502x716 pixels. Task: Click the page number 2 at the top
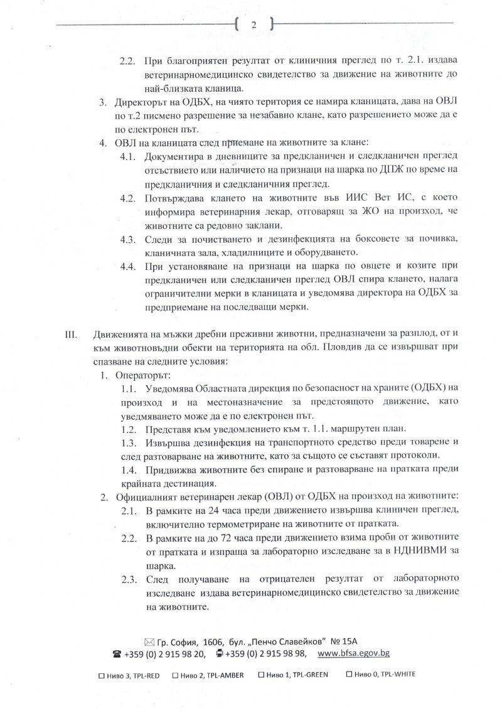click(x=254, y=25)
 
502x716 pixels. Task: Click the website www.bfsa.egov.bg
click(x=355, y=653)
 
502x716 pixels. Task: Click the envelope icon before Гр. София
click(x=149, y=641)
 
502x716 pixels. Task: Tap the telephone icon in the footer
click(x=117, y=653)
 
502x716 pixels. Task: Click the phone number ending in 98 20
click(x=165, y=653)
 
